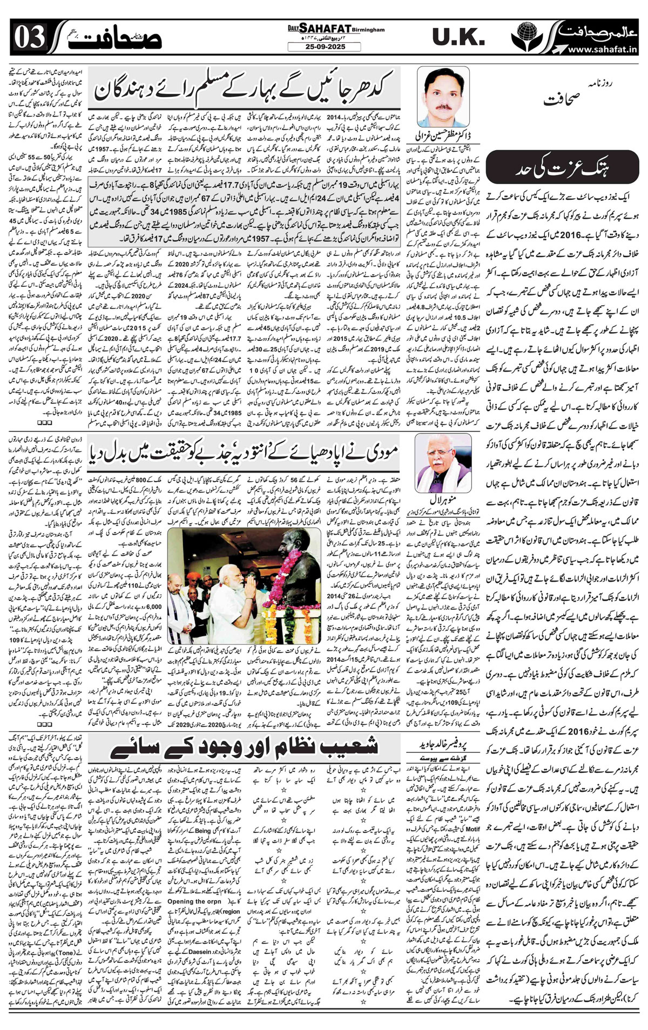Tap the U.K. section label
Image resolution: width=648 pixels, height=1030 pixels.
coord(456,37)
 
